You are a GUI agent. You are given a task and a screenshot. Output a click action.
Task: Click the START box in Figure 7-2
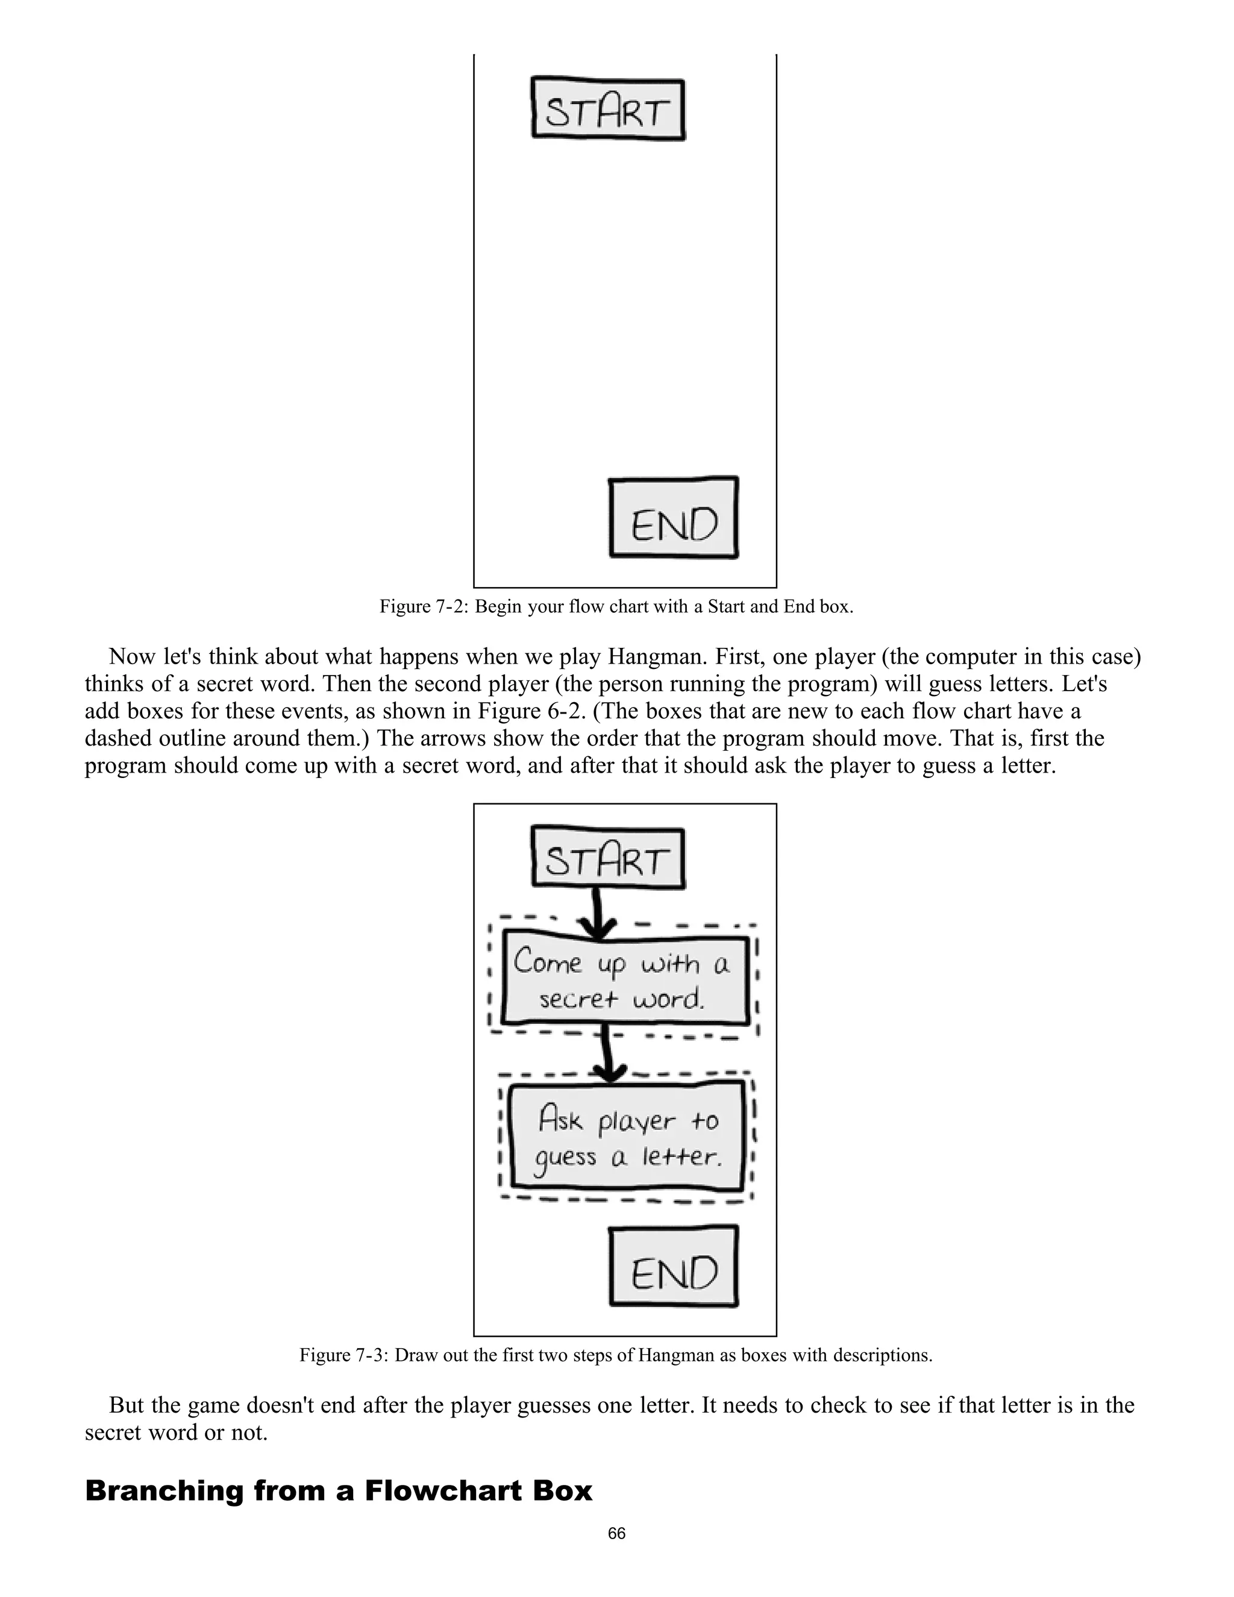coord(608,110)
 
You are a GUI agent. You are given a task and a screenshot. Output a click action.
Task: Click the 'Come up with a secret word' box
coord(625,980)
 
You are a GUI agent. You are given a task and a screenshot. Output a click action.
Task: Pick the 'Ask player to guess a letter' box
coord(627,1138)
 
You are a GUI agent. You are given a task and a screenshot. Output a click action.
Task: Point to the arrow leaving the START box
coord(598,914)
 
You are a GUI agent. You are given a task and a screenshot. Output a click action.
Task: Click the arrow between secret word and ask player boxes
coord(607,1053)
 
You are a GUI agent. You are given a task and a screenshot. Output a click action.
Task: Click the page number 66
coord(616,1533)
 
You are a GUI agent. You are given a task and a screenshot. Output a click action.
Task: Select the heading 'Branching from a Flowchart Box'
coord(339,1491)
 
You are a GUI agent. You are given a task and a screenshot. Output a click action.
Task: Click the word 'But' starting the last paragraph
coord(127,1405)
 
